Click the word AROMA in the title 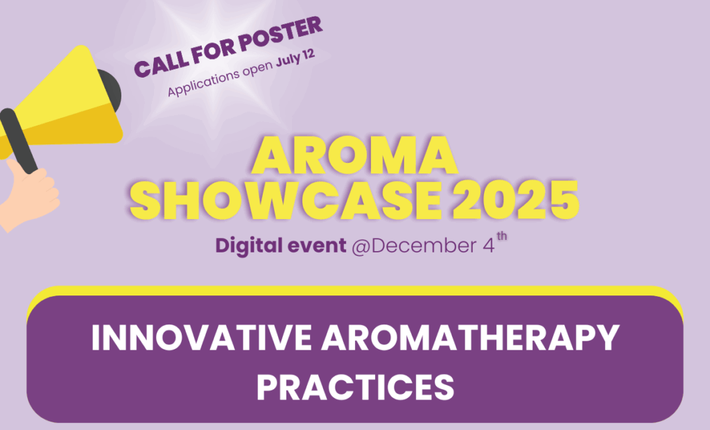pyautogui.click(x=354, y=155)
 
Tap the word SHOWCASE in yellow pyautogui.click(x=286, y=200)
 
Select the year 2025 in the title pyautogui.click(x=516, y=200)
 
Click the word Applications pyautogui.click(x=203, y=81)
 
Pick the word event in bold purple pyautogui.click(x=318, y=246)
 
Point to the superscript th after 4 pyautogui.click(x=502, y=237)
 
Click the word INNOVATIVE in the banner pyautogui.click(x=202, y=338)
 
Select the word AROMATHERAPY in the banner pyautogui.click(x=470, y=338)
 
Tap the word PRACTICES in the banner pyautogui.click(x=356, y=387)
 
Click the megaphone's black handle pyautogui.click(x=18, y=141)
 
